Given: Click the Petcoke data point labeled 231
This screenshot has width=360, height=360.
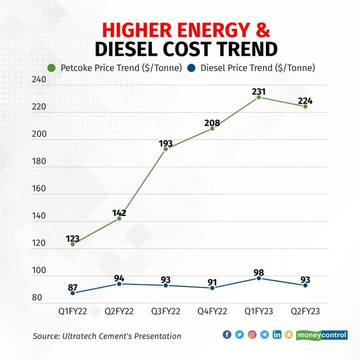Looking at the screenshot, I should tap(259, 97).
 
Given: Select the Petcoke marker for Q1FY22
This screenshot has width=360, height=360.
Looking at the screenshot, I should tap(73, 244).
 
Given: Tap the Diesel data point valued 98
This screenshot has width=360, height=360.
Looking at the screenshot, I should tap(259, 278).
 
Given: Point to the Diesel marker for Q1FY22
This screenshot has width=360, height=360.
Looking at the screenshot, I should tap(73, 293).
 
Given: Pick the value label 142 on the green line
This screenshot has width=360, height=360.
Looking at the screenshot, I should tap(119, 212).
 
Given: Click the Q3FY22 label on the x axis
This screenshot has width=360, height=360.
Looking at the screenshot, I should tap(166, 312).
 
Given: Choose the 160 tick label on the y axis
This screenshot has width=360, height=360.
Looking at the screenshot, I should tap(40, 189).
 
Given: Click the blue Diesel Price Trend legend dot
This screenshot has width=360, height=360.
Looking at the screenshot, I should tap(192, 67).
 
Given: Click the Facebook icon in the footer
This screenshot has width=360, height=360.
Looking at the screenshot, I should tap(227, 335).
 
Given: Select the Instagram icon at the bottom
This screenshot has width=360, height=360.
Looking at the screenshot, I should tap(252, 335).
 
